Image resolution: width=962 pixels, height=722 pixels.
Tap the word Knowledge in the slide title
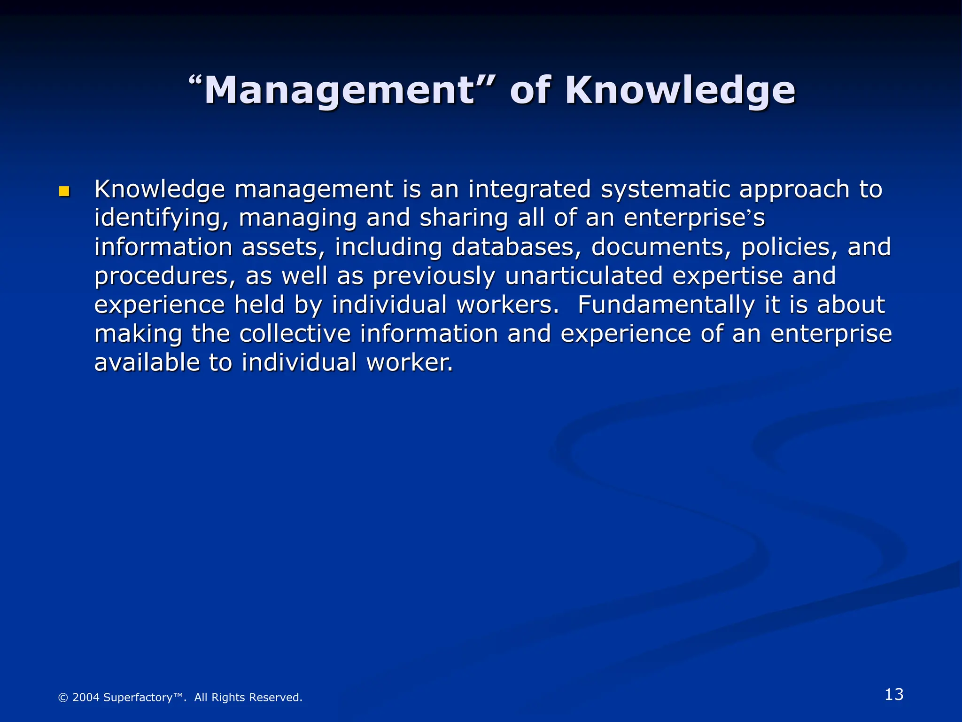coord(680,90)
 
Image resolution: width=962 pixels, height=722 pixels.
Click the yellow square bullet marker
coord(64,191)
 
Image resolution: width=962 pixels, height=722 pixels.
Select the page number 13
coord(894,694)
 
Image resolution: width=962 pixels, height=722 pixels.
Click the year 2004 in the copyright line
coord(86,698)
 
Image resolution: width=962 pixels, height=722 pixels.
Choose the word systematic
coord(666,189)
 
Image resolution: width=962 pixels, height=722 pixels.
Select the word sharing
coord(464,218)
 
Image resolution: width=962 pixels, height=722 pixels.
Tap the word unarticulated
coord(584,276)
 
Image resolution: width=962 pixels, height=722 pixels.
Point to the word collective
coord(295,334)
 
